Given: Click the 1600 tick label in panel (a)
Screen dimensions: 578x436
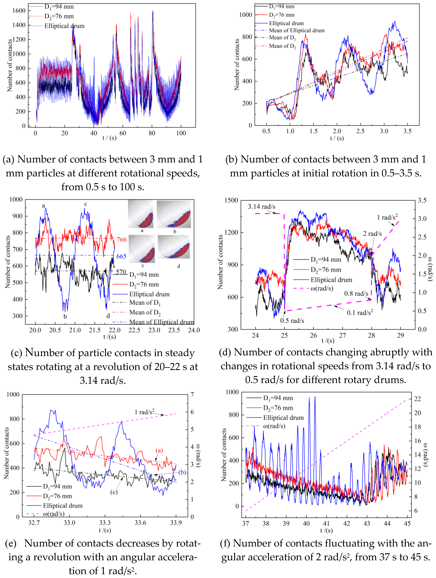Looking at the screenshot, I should pyautogui.click(x=19, y=11).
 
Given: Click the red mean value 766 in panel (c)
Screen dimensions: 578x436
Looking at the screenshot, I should pyautogui.click(x=122, y=239).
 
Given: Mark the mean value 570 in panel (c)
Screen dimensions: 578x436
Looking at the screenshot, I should pyautogui.click(x=121, y=272).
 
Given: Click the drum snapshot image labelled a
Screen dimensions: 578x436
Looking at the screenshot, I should pyautogui.click(x=141, y=214).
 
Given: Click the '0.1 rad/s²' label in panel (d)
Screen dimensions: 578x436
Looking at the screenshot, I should pyautogui.click(x=360, y=313).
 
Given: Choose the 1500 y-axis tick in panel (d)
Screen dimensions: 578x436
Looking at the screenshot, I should pyautogui.click(x=231, y=200).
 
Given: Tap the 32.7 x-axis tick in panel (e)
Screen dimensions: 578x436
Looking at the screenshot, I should pyautogui.click(x=34, y=523).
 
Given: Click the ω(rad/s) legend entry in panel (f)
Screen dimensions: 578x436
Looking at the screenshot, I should pyautogui.click(x=274, y=426).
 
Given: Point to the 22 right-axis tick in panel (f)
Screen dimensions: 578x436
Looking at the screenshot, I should pyautogui.click(x=417, y=399).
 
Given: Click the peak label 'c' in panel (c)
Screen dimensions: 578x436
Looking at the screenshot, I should pyautogui.click(x=86, y=204).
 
